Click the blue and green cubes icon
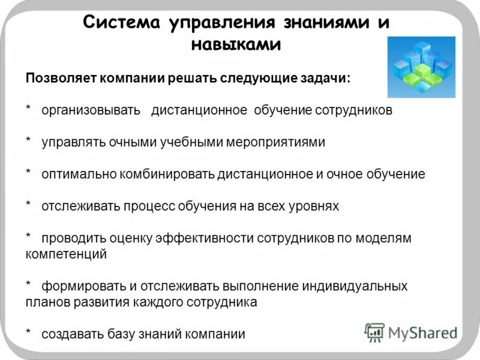point(421,67)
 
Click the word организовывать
point(91,111)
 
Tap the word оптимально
point(76,175)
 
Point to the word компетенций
point(66,254)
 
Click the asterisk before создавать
point(28,333)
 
